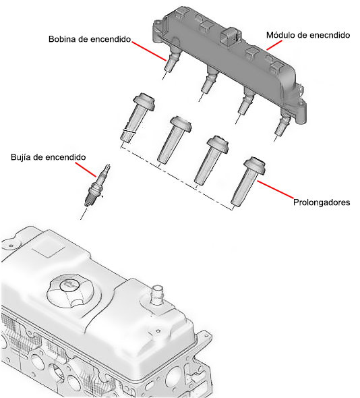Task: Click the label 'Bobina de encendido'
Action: pyautogui.click(x=90, y=39)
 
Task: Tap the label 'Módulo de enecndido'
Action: pyautogui.click(x=308, y=35)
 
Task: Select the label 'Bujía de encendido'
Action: pyautogui.click(x=49, y=157)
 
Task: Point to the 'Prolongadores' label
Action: pyautogui.click(x=322, y=202)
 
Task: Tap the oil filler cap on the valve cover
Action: pyautogui.click(x=70, y=290)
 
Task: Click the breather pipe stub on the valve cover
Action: pyautogui.click(x=157, y=294)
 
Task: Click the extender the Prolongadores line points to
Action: pyautogui.click(x=248, y=181)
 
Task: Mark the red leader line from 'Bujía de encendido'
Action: pyautogui.click(x=86, y=169)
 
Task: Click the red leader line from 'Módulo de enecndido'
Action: pyautogui.click(x=274, y=45)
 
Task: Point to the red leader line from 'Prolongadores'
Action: pyautogui.click(x=275, y=189)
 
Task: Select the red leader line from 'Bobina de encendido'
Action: pyautogui.click(x=149, y=51)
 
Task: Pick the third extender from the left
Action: pyautogui.click(x=211, y=161)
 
